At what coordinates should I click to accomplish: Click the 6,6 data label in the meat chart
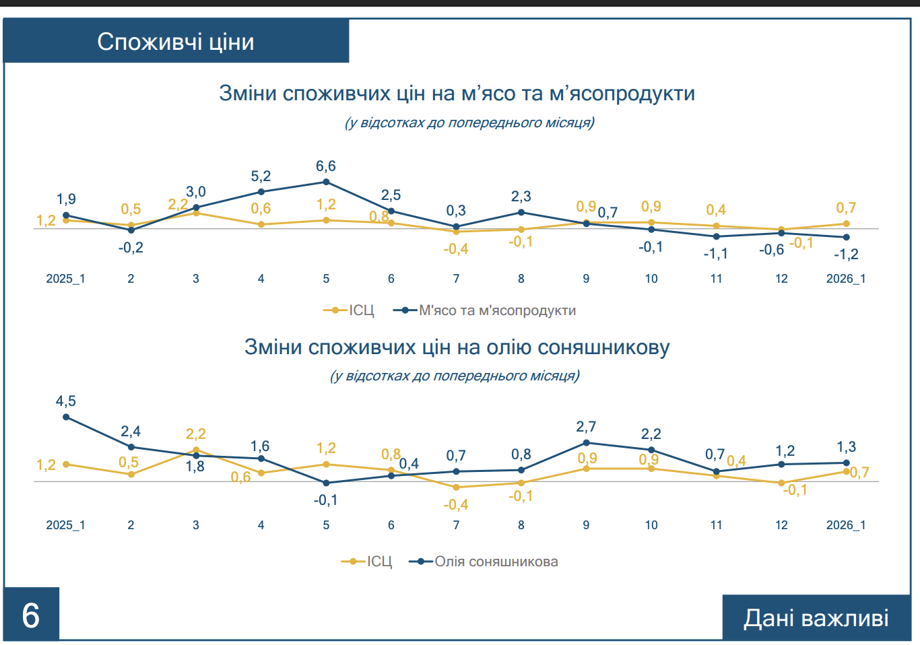[326, 166]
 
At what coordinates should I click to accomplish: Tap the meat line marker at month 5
[326, 182]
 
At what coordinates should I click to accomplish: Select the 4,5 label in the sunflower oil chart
[66, 401]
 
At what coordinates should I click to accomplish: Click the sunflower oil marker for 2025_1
[66, 417]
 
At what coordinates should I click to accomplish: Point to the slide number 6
[31, 615]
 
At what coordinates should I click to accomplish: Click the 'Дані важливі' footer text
[816, 618]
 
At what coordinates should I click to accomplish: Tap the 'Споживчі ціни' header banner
[176, 42]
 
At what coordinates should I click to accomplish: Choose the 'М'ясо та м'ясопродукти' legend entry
[497, 310]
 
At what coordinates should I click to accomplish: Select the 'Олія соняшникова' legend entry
[496, 562]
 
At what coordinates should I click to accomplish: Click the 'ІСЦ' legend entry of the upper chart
[361, 310]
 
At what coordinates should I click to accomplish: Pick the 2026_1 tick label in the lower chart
[846, 525]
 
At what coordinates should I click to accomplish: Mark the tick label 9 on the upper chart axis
[586, 279]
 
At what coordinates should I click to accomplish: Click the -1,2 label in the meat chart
[846, 254]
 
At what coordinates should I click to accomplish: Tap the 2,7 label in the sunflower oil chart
[586, 427]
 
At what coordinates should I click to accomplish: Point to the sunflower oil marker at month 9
[586, 443]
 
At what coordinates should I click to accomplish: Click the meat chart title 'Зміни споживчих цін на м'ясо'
[457, 93]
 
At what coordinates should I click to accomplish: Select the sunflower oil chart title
[457, 347]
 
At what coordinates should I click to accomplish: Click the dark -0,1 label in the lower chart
[326, 500]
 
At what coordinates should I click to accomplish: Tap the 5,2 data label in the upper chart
[261, 176]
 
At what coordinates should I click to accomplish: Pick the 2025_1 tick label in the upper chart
[65, 279]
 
